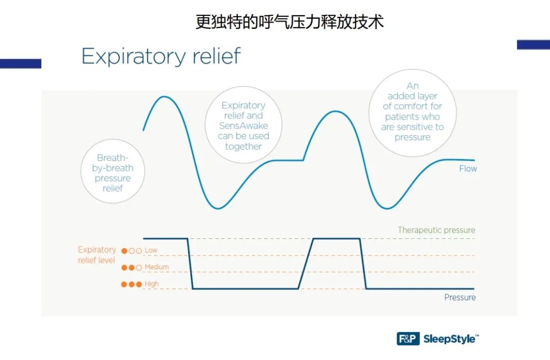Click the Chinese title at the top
click(289, 22)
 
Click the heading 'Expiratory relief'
click(161, 56)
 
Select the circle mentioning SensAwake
click(243, 125)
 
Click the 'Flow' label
click(468, 169)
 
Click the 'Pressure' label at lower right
click(460, 297)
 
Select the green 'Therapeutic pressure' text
click(436, 230)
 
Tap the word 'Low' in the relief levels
click(151, 251)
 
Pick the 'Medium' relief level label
click(156, 267)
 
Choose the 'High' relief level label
click(152, 284)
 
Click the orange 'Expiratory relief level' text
click(97, 255)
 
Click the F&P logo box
click(408, 339)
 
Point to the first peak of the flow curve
click(163, 97)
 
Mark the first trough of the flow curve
click(218, 208)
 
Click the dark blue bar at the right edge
click(533, 45)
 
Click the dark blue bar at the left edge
click(20, 64)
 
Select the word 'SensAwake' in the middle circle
click(243, 126)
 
